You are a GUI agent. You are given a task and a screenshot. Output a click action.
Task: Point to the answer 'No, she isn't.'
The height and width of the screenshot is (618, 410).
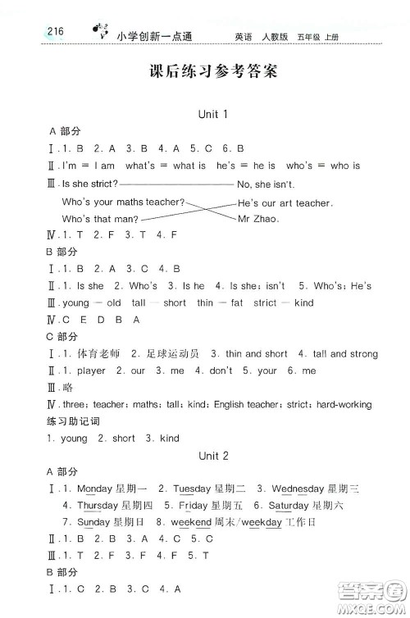tap(265, 185)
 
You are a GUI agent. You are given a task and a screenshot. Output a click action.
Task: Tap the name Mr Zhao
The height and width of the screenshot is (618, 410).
tap(258, 219)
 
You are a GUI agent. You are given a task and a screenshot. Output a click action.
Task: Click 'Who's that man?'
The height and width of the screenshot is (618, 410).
tap(101, 219)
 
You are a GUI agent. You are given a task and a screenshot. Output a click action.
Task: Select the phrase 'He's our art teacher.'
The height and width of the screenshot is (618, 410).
tap(285, 202)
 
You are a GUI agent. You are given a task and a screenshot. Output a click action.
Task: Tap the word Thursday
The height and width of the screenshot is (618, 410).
tap(98, 506)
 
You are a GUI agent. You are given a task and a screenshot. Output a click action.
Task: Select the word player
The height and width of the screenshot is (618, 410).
tap(90, 370)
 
